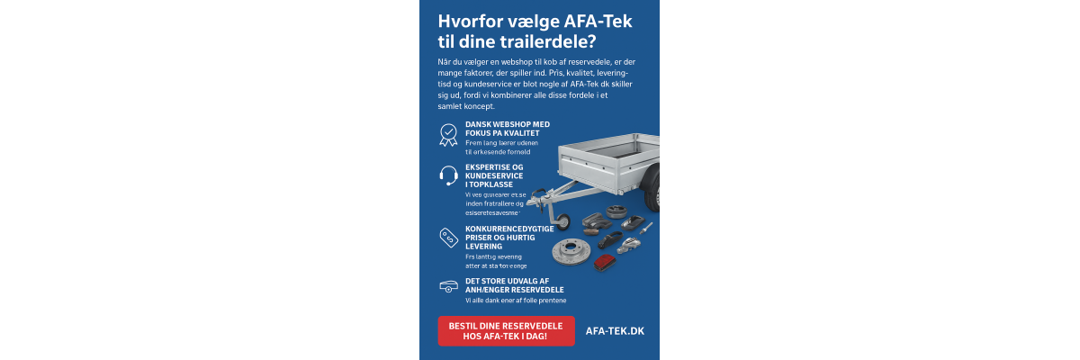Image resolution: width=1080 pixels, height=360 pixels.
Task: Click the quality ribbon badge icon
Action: point(447,135)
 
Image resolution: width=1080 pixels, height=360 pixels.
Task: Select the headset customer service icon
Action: point(448,175)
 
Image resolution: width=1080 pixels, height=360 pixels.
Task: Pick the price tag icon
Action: point(447,237)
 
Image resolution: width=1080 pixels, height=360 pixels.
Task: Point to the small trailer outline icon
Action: point(447,285)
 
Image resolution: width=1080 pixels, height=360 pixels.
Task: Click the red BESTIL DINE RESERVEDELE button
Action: point(505,330)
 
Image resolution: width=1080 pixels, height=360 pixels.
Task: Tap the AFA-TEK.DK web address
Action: point(615,330)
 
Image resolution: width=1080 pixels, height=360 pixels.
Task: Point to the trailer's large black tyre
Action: point(652,191)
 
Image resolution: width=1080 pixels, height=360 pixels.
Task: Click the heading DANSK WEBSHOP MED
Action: point(507,124)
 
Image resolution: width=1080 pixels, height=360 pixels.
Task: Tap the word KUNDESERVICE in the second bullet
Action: point(494,175)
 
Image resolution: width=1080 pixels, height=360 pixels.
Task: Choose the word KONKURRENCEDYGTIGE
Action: point(509,229)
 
